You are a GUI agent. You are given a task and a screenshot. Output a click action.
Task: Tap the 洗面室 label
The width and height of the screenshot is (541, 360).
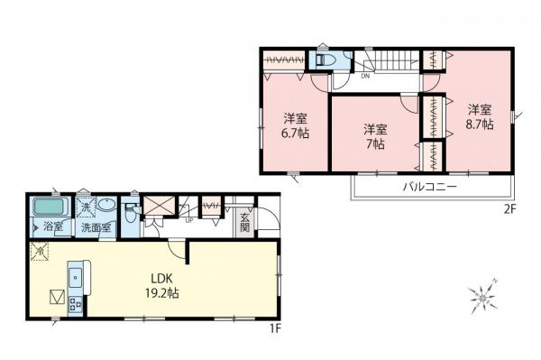coord(96,227)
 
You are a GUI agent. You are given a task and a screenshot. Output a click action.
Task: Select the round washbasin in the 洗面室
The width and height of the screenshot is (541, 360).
coord(105,205)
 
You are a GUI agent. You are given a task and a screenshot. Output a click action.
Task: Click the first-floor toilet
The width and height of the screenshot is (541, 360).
coord(132,214)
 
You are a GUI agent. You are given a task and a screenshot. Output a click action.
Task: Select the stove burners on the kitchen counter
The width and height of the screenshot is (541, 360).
coord(74,305)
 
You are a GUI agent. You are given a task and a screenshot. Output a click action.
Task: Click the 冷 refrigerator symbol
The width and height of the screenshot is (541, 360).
coord(41,254)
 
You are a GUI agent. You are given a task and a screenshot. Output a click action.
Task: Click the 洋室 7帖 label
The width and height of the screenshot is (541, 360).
coord(375,136)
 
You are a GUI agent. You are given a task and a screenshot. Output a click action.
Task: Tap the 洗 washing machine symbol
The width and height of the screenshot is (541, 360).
coord(84,207)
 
